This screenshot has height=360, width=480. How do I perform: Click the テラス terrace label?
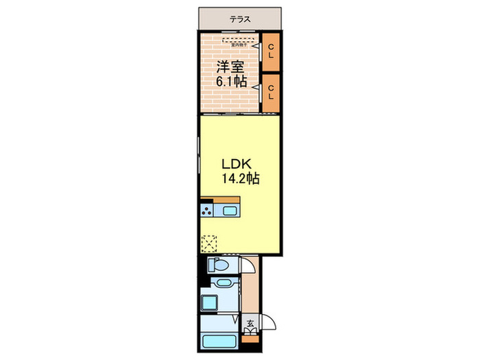point(239,20)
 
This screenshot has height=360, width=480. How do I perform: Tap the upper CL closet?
point(271,51)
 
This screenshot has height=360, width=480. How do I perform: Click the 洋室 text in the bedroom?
point(230,67)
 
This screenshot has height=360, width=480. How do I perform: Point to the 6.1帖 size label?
point(232,82)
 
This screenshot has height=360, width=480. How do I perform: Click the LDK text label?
point(237,165)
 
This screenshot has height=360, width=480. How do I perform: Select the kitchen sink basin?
point(230,210)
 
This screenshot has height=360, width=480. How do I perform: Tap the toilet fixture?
point(220,265)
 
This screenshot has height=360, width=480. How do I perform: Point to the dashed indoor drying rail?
point(237,40)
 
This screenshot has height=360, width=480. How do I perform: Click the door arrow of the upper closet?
point(256,47)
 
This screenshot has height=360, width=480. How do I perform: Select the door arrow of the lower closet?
point(256,87)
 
